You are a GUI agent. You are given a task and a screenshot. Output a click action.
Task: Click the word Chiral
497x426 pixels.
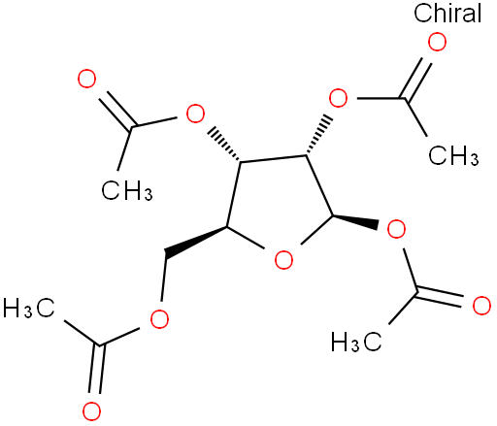[447, 14]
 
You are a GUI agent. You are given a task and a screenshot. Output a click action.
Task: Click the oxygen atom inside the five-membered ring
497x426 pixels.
[283, 260]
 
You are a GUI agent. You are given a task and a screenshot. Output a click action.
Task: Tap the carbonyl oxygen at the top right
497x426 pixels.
[437, 42]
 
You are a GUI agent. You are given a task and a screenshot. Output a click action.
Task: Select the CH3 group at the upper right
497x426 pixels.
[453, 155]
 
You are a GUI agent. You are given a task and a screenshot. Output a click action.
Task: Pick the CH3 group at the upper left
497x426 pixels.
[126, 190]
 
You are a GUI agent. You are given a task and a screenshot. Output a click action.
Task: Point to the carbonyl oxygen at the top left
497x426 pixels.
[86, 79]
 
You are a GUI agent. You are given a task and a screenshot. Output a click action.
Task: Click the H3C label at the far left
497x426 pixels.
[28, 308]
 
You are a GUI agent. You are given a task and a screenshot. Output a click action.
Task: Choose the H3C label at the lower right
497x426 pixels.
[356, 342]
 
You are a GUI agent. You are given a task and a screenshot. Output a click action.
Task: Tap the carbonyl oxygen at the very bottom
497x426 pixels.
[91, 411]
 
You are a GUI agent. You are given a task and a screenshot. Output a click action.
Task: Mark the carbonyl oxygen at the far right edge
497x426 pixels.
[481, 306]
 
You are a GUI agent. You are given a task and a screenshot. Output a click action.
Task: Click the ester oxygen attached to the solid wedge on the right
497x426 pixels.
[396, 229]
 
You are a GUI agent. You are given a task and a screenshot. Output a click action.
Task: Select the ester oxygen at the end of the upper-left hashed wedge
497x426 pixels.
[195, 114]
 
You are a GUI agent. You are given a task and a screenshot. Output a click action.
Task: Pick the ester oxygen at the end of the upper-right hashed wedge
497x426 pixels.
[338, 98]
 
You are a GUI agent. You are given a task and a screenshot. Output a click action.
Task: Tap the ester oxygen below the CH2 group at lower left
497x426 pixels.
[159, 319]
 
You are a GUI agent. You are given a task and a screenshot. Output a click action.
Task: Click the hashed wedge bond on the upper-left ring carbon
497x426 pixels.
[224, 145]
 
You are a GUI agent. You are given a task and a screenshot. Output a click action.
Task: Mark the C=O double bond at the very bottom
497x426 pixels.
[96, 370]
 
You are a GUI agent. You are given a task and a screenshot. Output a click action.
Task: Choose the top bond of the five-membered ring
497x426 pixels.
[273, 158]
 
